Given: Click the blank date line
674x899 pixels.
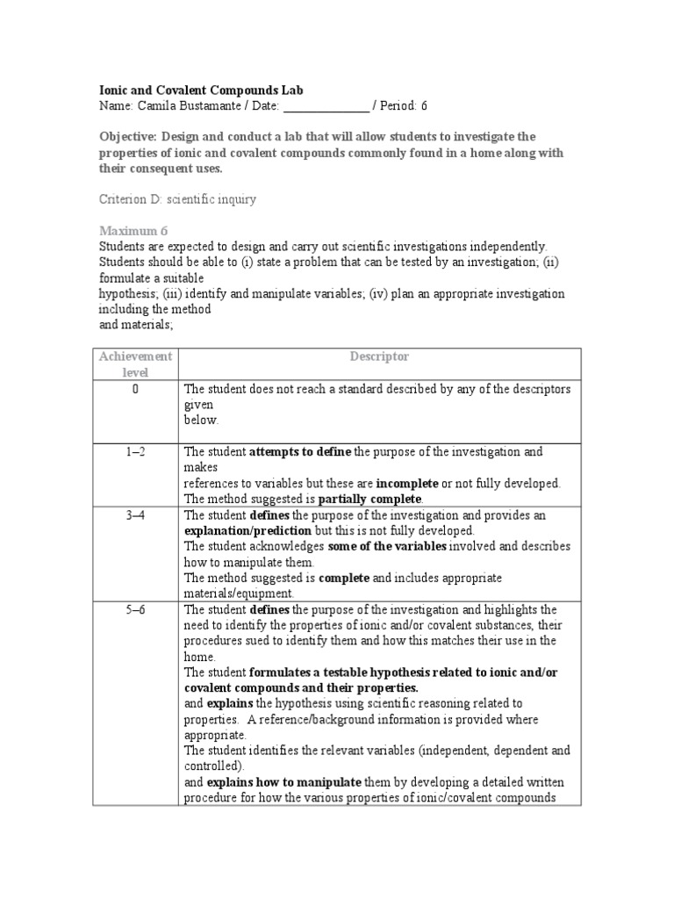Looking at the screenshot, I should coord(326,106).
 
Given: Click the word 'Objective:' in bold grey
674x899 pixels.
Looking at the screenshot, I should coord(128,137).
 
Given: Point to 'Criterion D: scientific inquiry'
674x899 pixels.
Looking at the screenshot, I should coord(177,199).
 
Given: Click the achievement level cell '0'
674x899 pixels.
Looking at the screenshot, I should coord(135,389).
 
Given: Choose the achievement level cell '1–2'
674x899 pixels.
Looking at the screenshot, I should coord(135,452).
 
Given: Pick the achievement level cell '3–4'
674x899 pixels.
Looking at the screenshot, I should coord(135,515).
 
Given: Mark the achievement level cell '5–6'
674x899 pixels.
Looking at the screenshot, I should coord(135,610).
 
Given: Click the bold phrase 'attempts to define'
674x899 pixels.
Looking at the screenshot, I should coord(300,452).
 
